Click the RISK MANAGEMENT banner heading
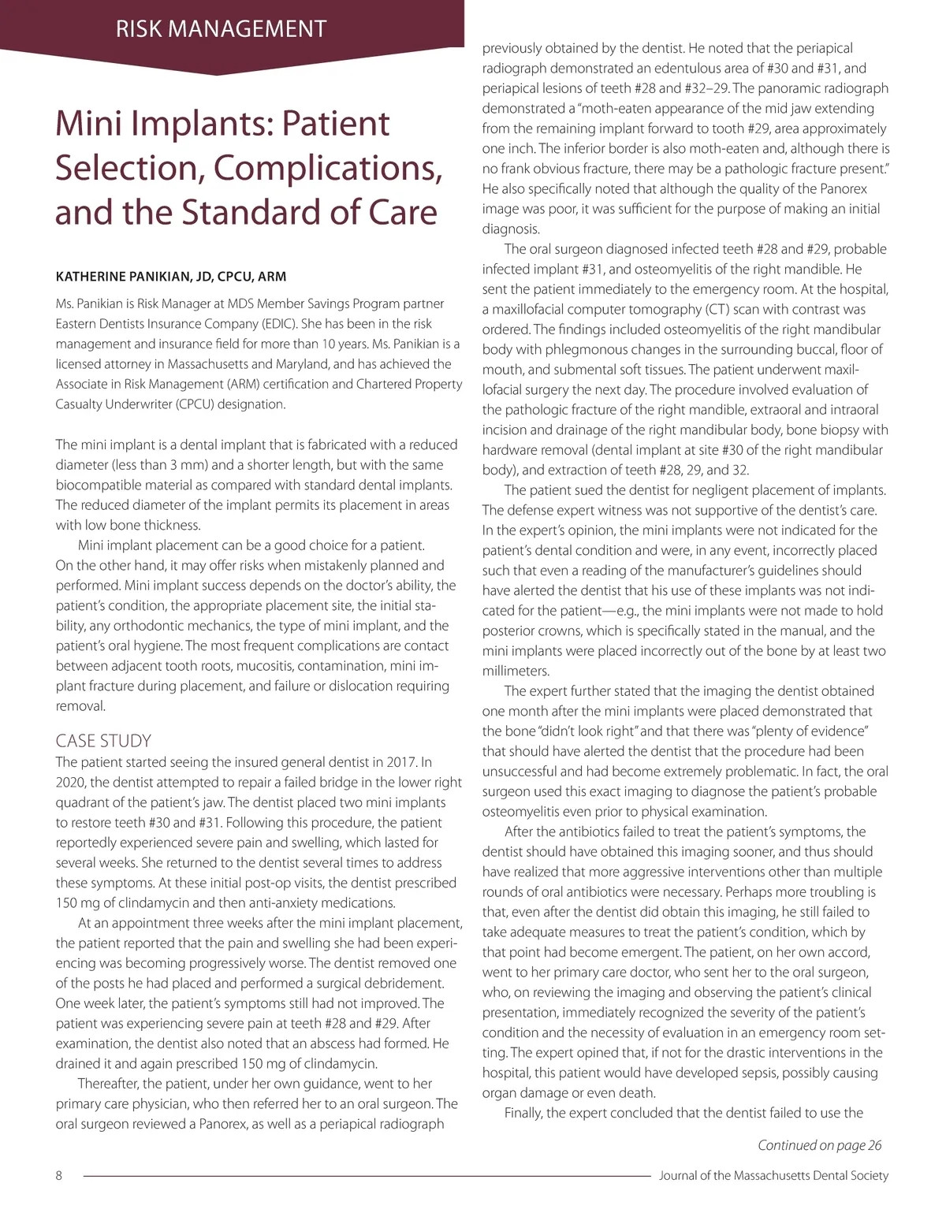coord(221,29)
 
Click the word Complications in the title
coord(328,167)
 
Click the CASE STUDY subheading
coord(103,741)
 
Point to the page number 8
coord(59,1175)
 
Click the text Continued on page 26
coord(820,1145)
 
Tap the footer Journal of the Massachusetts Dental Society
coord(773,1175)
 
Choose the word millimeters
coord(516,671)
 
